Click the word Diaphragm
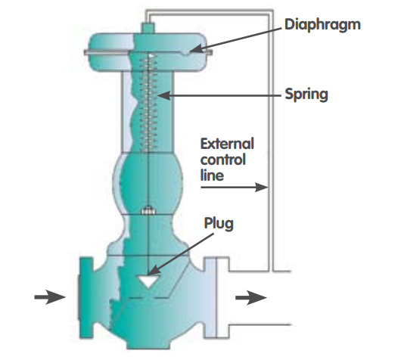click(322, 26)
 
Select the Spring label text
click(306, 95)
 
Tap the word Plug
click(219, 224)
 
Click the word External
click(227, 144)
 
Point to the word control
click(223, 160)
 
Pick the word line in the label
click(212, 175)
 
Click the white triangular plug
click(148, 281)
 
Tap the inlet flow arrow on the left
click(50, 297)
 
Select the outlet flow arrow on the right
click(251, 297)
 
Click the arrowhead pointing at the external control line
click(262, 188)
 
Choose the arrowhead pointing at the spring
click(164, 96)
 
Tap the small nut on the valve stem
click(148, 211)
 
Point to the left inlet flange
click(86, 298)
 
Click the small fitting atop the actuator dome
click(148, 28)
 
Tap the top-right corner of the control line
click(272, 11)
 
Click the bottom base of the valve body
click(148, 344)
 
